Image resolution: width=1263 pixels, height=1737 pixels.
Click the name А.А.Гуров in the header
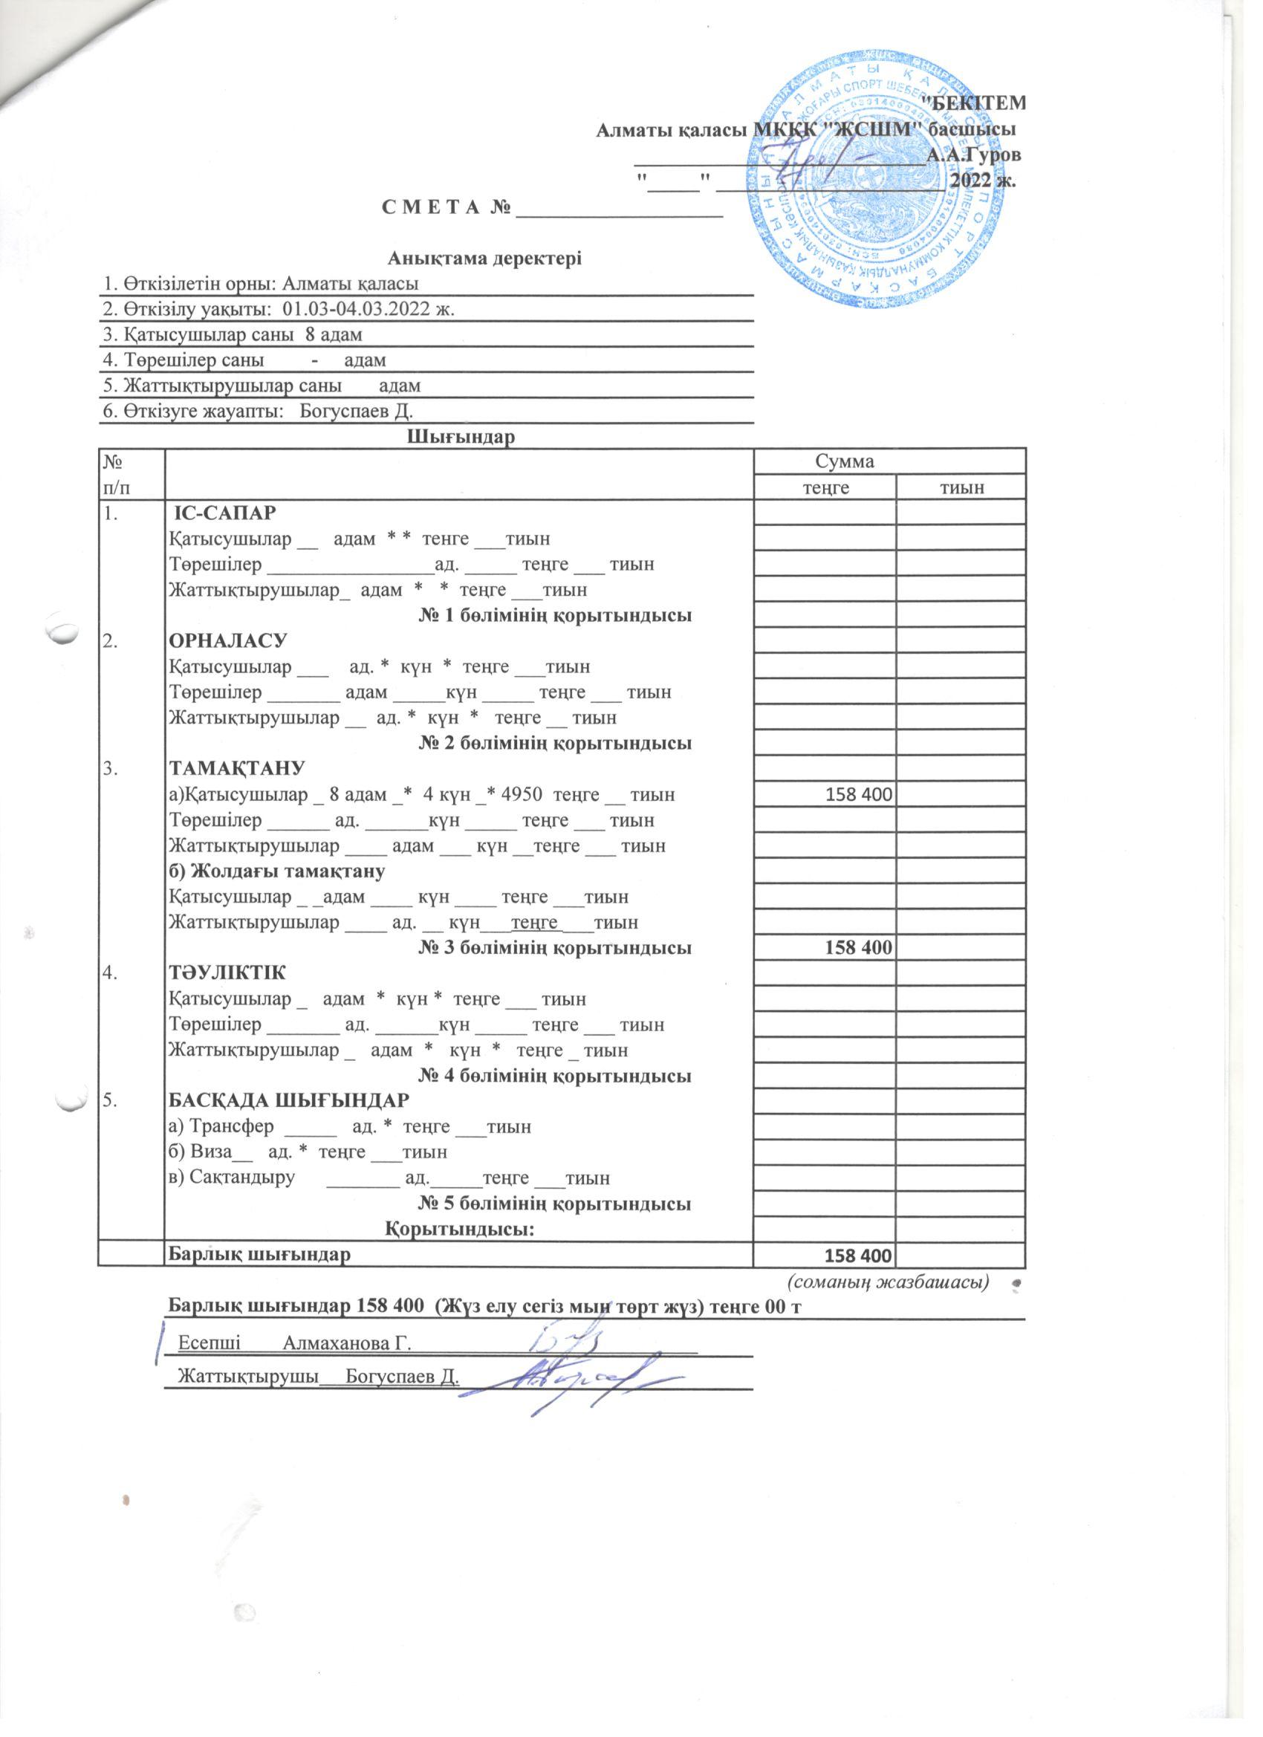(x=973, y=155)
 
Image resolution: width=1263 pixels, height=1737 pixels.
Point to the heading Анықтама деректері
(x=486, y=259)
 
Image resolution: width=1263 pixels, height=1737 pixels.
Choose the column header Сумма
(x=845, y=461)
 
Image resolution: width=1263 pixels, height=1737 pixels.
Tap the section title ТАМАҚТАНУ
(x=237, y=768)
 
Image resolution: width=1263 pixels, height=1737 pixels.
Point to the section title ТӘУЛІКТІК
(x=227, y=973)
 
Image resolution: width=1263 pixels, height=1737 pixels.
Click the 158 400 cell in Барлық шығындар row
(x=855, y=1256)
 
